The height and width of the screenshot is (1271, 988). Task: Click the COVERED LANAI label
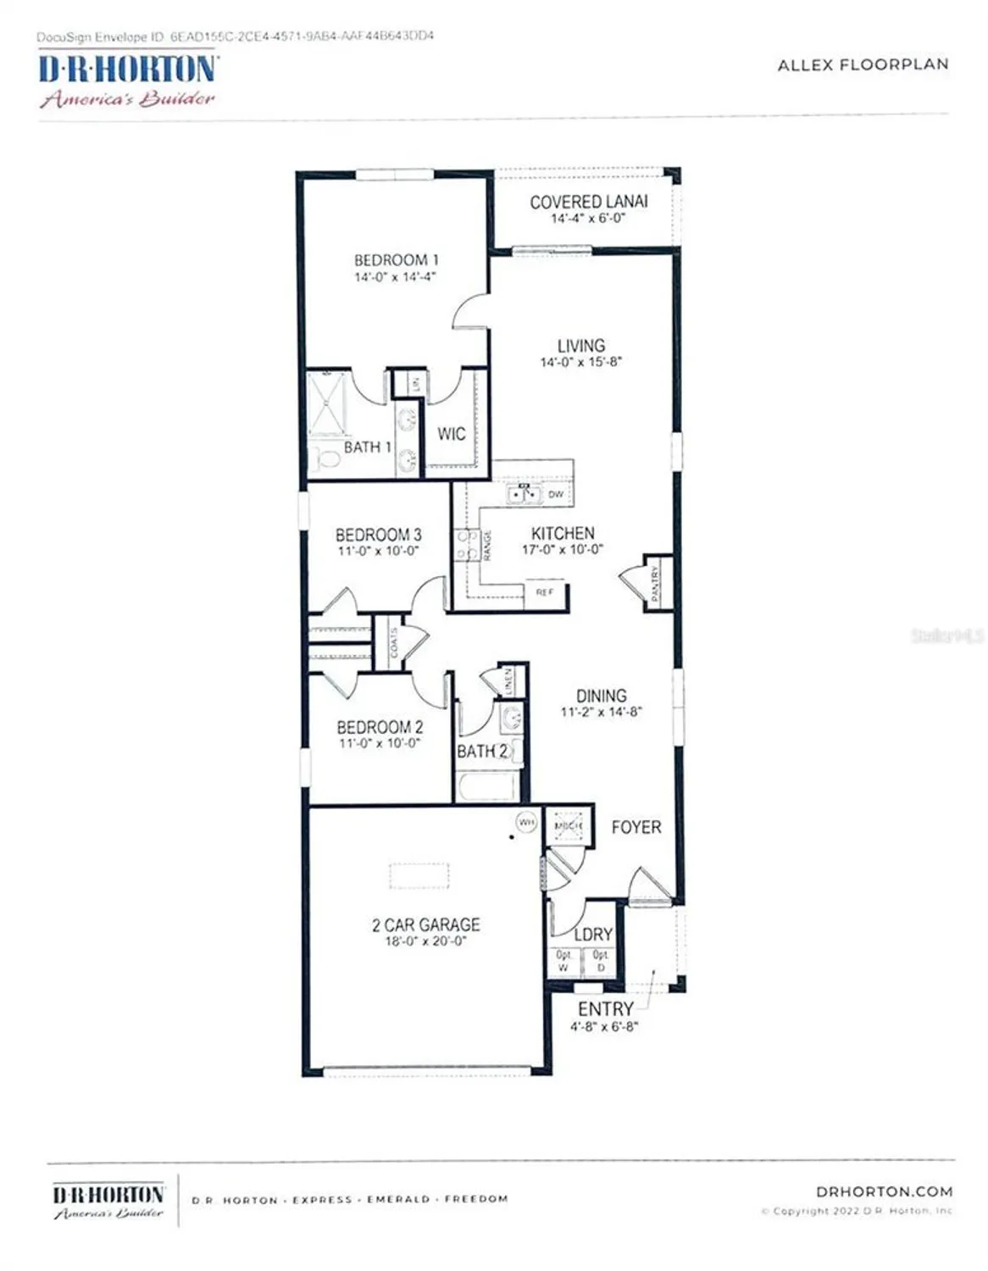(588, 202)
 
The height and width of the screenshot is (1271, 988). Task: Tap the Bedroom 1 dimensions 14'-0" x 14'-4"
(395, 277)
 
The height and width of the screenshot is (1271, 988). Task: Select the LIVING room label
(580, 346)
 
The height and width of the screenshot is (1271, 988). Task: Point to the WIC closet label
(451, 434)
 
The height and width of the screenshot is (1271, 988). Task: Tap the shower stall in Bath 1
(326, 402)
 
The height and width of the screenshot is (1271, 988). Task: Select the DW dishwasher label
(556, 494)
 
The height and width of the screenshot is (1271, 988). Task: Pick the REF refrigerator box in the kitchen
(545, 592)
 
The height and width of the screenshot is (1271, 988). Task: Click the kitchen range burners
(466, 545)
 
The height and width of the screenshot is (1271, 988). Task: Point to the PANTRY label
(655, 583)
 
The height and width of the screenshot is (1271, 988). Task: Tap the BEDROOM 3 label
(378, 535)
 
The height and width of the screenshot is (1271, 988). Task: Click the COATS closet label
(394, 643)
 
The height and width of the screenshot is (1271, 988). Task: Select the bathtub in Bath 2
(487, 787)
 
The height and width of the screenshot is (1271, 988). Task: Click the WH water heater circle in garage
(526, 822)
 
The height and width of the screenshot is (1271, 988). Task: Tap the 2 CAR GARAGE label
(425, 924)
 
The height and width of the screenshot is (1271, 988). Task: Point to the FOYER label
(636, 827)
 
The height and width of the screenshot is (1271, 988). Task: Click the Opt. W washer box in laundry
(563, 961)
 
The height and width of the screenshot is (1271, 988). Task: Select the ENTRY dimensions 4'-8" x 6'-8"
(603, 1027)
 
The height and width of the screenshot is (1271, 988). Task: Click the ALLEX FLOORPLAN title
(863, 64)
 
